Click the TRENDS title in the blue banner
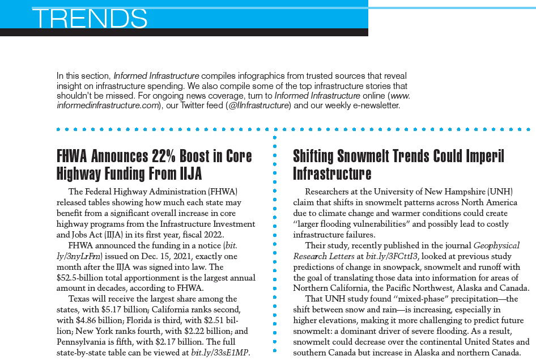click(90, 18)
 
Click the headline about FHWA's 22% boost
click(155, 164)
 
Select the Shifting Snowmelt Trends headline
click(398, 164)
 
